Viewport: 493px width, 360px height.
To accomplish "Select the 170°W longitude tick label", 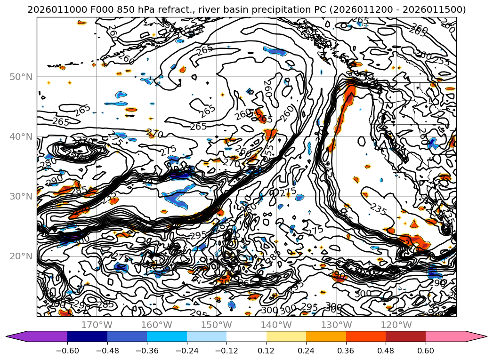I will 97,325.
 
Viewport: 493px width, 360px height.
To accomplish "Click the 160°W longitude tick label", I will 156,325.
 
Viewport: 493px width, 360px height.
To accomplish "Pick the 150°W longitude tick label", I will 217,325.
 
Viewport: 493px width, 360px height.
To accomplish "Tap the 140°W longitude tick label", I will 276,325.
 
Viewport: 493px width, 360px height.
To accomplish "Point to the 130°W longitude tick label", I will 336,325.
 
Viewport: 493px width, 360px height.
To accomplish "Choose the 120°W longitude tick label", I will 396,325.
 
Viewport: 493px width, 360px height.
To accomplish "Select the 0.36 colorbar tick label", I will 346,350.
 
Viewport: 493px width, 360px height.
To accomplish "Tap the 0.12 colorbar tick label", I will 267,350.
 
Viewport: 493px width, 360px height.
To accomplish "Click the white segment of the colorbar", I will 246,336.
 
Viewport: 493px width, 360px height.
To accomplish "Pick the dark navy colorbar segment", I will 87,336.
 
